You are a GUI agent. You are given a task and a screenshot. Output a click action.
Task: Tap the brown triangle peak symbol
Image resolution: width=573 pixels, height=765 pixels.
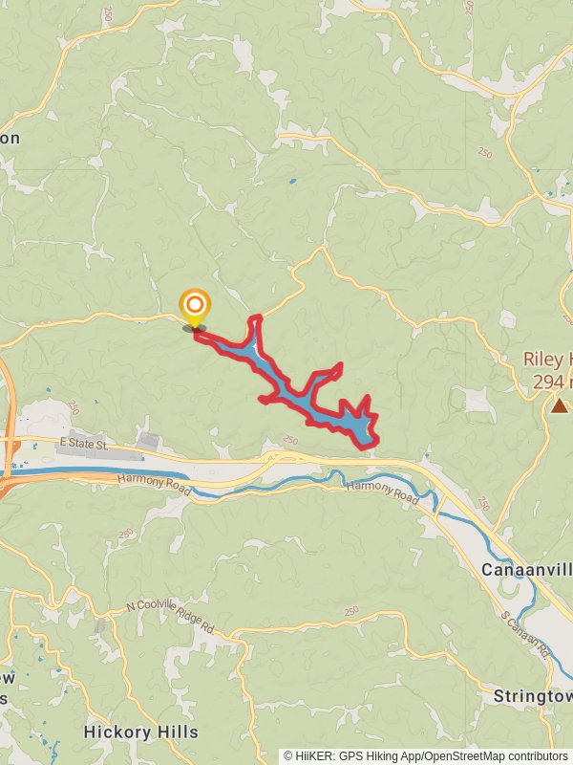pos(559,405)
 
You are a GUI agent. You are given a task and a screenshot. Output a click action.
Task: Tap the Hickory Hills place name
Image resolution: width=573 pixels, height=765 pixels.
pos(140,732)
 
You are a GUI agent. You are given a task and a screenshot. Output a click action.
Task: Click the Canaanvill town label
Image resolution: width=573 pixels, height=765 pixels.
pos(526,570)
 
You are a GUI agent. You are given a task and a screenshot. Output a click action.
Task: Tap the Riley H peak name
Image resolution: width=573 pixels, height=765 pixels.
pos(547,360)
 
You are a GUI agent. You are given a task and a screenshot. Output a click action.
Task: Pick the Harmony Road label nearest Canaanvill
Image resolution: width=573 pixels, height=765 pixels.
pos(382,492)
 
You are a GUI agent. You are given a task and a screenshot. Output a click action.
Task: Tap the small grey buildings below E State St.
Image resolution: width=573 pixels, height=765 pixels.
pos(148,441)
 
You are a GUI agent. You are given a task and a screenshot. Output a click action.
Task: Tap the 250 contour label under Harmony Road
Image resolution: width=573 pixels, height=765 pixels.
pos(126,534)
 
